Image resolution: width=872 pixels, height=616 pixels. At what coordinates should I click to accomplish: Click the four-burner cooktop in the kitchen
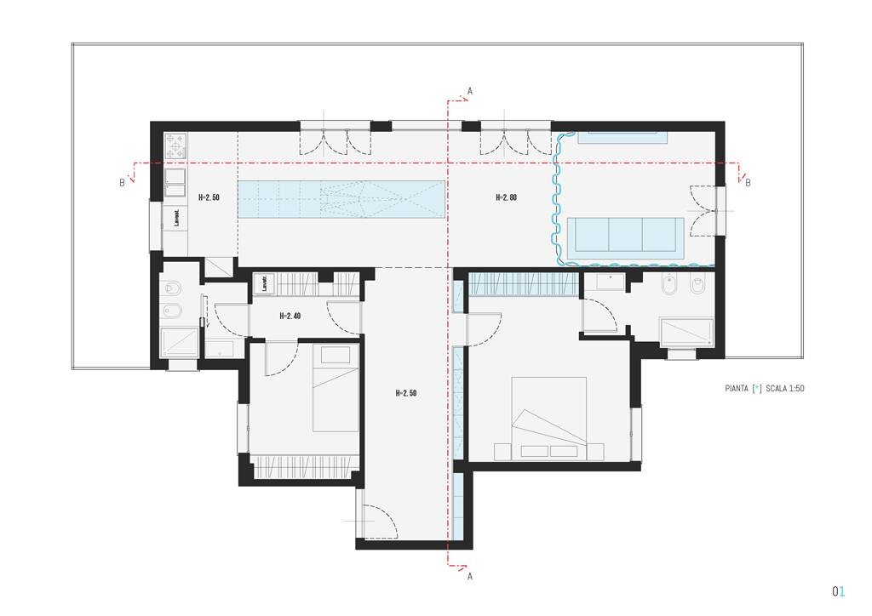tap(175, 146)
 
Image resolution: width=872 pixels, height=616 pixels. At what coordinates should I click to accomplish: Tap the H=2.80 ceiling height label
tap(506, 197)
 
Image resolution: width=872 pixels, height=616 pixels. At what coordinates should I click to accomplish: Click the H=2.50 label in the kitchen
tap(209, 197)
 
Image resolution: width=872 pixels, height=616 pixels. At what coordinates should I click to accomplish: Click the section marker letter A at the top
tap(469, 90)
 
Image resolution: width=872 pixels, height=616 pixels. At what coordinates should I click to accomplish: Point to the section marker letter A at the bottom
tap(469, 576)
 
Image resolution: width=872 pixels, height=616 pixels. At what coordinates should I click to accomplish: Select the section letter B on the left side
tap(122, 182)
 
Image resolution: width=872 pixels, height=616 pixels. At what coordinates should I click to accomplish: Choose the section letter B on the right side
tap(748, 182)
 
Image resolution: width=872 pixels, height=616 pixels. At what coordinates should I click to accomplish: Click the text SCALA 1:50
tap(785, 389)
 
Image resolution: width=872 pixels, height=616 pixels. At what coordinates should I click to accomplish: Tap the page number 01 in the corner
tap(838, 590)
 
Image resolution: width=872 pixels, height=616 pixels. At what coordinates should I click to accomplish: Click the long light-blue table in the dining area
tap(341, 198)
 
